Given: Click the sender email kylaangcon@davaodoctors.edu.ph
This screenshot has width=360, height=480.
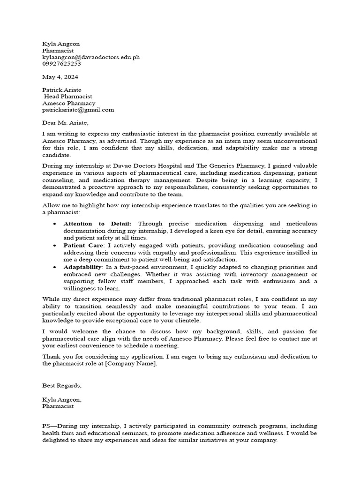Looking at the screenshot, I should (91, 57).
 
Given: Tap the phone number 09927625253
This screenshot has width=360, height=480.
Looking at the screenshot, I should (61, 64).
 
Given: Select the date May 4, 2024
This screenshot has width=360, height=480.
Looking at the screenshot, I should (60, 77).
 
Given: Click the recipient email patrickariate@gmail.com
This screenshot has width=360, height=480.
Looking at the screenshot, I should (78, 110).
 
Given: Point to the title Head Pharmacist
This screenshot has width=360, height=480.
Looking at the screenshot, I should (68, 97).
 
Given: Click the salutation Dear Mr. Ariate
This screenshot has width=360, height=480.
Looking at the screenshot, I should (65, 123).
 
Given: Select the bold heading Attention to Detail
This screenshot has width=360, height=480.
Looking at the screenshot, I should (97, 224).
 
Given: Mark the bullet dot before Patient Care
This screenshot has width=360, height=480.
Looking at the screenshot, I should (55, 246).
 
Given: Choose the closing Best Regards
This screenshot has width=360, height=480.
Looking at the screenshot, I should (62, 385).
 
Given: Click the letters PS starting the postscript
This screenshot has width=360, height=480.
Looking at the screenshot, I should (46, 426).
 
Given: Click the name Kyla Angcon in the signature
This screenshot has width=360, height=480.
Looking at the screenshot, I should (62, 399).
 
